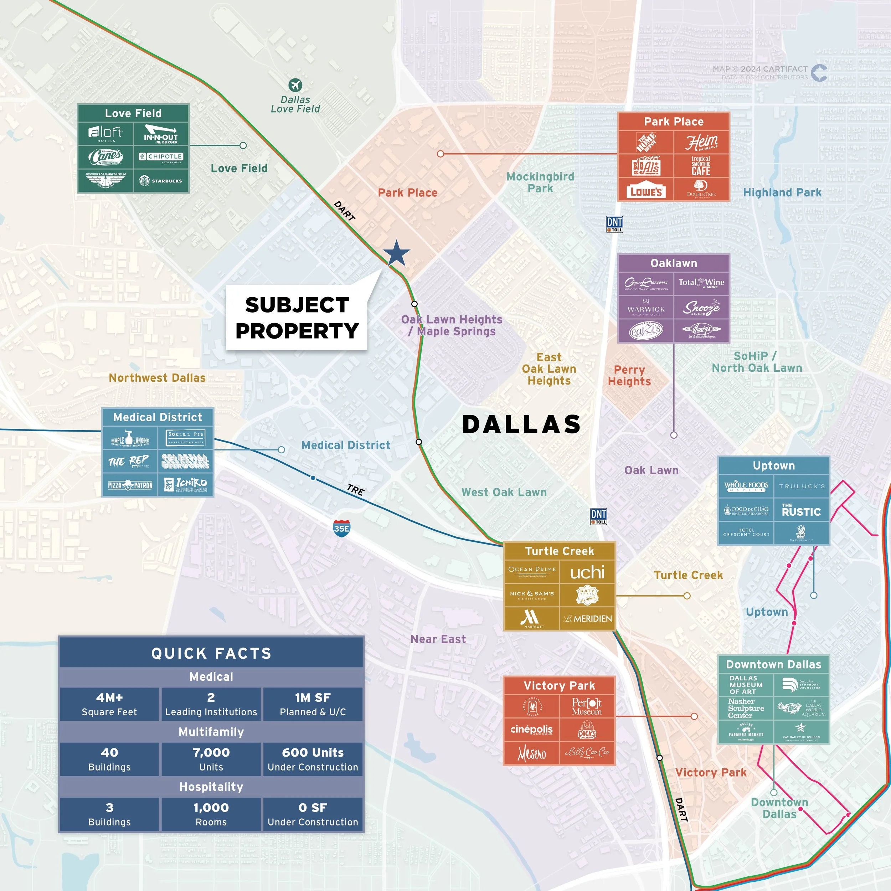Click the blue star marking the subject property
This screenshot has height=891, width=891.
tap(396, 254)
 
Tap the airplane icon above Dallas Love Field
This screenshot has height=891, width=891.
tap(295, 85)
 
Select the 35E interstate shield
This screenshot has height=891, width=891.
tap(341, 528)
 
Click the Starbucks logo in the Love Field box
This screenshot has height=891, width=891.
tap(161, 181)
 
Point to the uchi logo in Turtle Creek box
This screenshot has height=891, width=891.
tap(587, 572)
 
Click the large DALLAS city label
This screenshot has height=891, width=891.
tap(522, 424)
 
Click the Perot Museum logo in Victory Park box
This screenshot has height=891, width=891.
tap(587, 706)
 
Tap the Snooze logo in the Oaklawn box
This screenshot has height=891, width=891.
tap(701, 307)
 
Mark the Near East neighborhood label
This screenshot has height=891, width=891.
tap(438, 639)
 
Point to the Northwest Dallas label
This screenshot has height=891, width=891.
tap(157, 378)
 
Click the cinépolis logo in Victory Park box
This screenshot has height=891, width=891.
tap(531, 729)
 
